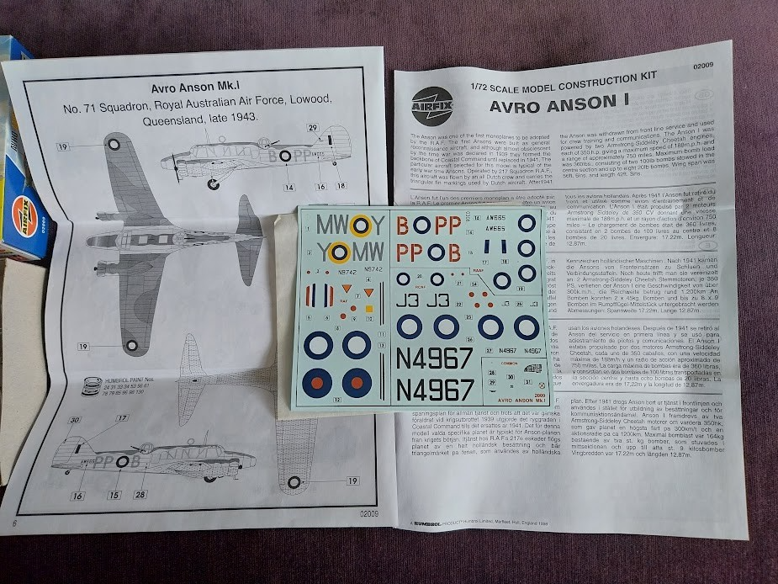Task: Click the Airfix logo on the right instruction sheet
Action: point(432,98)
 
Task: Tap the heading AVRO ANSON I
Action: point(561,105)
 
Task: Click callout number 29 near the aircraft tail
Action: point(313,127)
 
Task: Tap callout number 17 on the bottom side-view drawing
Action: point(121,418)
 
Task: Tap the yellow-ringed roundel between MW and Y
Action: point(360,225)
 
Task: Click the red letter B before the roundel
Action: point(403,226)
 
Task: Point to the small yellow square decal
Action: point(368,309)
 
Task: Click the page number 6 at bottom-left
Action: point(15,524)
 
